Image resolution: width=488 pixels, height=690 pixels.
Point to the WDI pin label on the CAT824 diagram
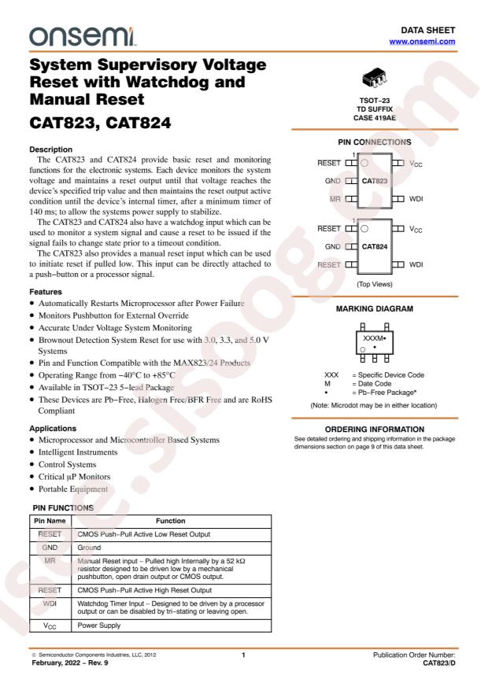416,264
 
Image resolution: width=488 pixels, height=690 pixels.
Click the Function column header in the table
171,521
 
